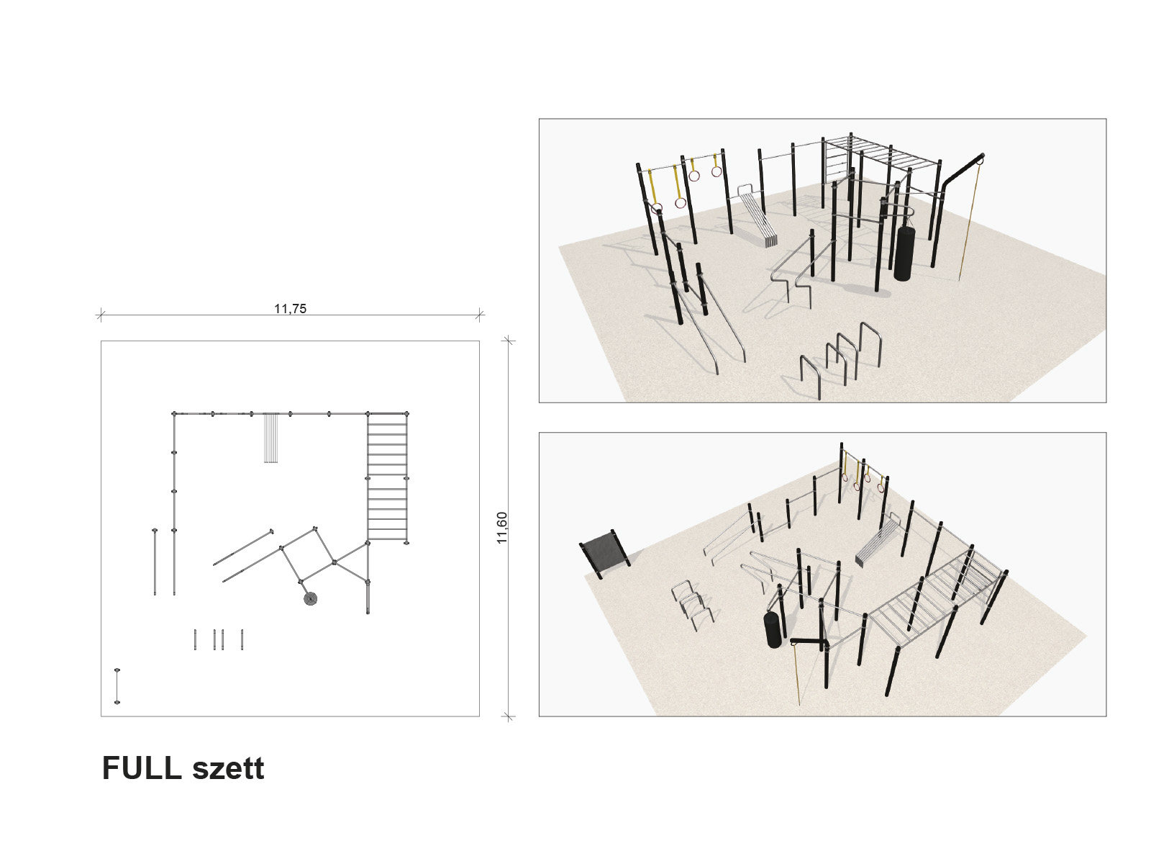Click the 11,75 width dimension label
pos(290,308)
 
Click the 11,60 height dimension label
pos(502,528)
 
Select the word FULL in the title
pos(142,768)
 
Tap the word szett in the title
pos(228,769)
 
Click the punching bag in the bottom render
pos(775,629)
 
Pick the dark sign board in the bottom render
pos(604,552)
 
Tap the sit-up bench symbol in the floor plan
pos(270,438)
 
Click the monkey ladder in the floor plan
pos(388,477)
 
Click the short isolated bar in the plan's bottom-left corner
pos(117,686)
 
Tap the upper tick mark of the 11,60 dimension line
pos(508,341)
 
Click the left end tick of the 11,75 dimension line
pos(101,315)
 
